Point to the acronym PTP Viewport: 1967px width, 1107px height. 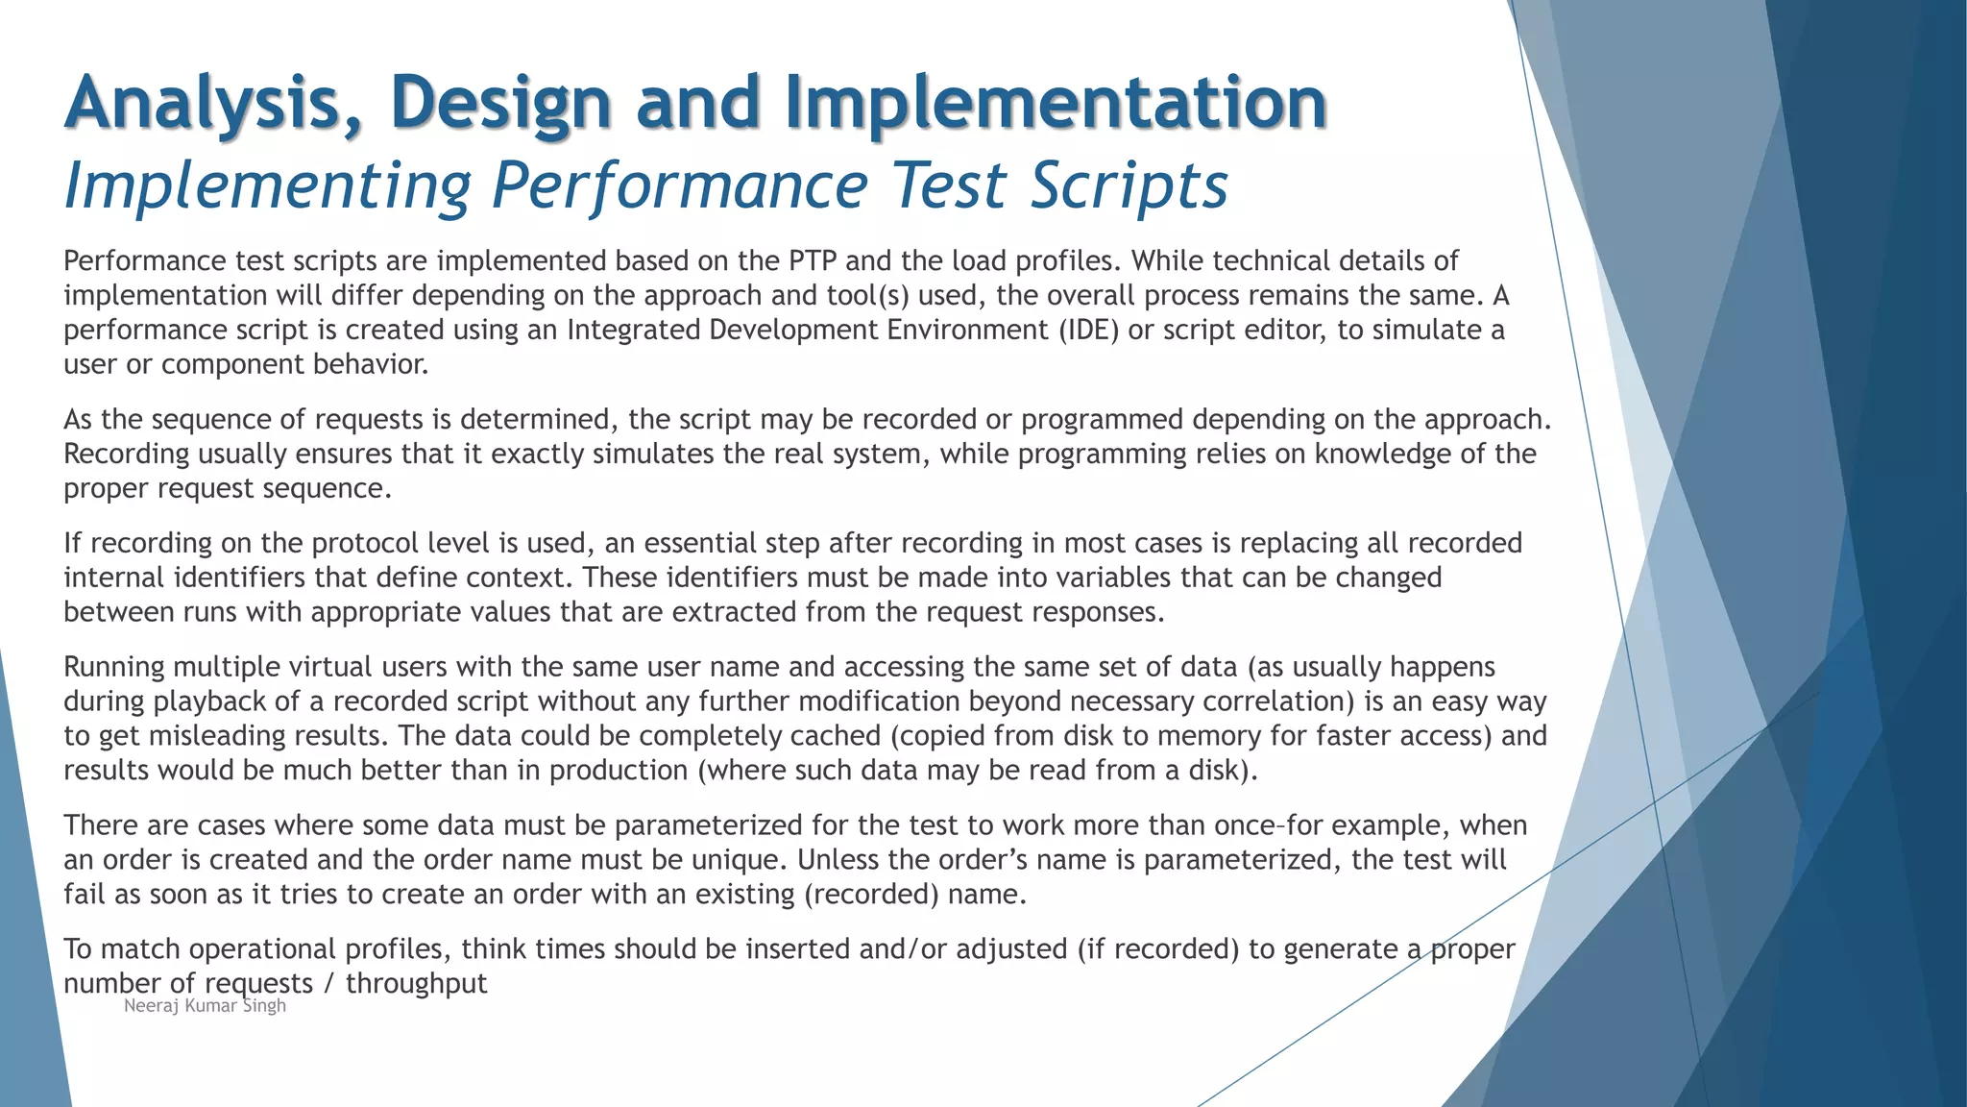(813, 261)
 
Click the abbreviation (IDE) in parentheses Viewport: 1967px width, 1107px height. (1089, 331)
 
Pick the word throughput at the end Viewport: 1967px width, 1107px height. (416, 984)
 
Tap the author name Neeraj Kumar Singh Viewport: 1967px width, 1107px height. (205, 1006)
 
